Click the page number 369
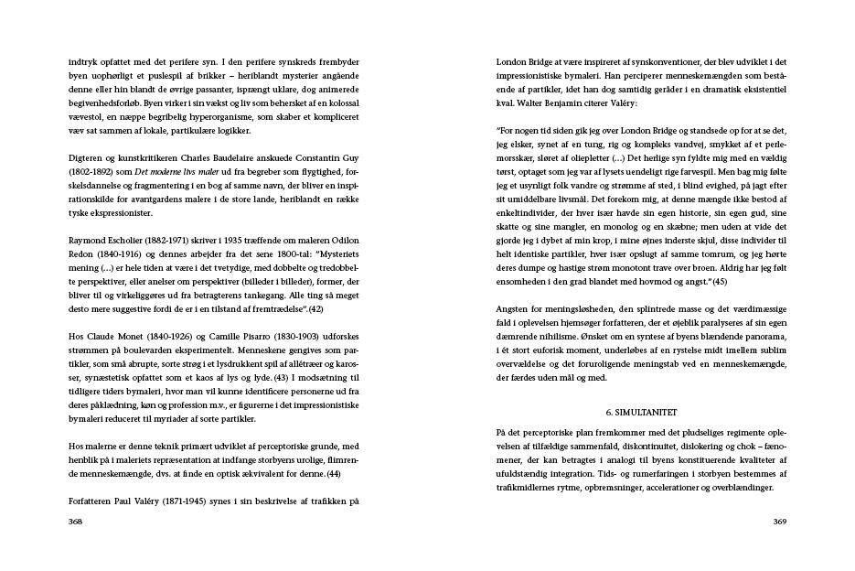(x=779, y=522)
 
